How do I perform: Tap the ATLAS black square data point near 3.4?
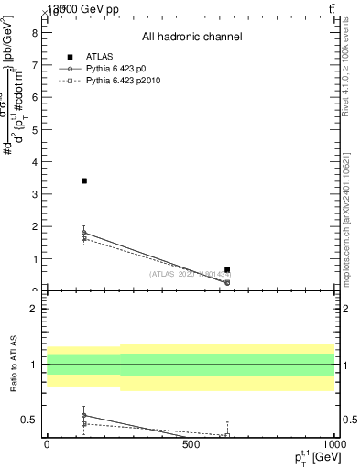tap(84, 180)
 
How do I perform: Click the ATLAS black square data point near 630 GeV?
tap(227, 270)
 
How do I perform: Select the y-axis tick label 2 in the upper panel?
tap(35, 226)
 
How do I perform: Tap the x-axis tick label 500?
tap(191, 446)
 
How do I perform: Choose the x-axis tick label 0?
tap(47, 446)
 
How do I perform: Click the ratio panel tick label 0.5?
tap(29, 420)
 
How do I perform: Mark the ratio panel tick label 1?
tap(35, 365)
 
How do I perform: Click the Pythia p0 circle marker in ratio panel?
tap(84, 415)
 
